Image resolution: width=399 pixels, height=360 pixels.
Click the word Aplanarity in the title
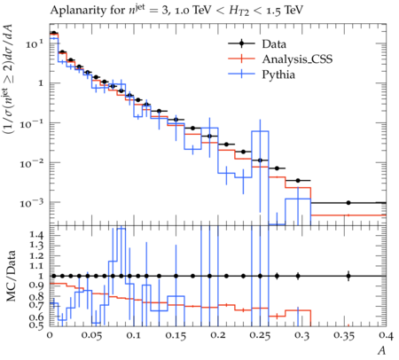pyautogui.click(x=75, y=11)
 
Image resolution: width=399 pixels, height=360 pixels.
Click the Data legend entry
pyautogui.click(x=274, y=44)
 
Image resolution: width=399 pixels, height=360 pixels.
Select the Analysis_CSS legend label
pyautogui.click(x=297, y=59)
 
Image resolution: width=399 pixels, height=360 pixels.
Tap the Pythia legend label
pyautogui.click(x=278, y=74)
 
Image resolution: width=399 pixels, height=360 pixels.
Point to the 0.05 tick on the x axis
pyautogui.click(x=91, y=335)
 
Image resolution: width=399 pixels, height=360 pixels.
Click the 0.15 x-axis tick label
pyautogui.click(x=176, y=335)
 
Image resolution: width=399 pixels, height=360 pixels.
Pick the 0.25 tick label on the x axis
pyautogui.click(x=260, y=335)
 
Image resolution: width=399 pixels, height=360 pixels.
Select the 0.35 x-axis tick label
pyautogui.click(x=344, y=335)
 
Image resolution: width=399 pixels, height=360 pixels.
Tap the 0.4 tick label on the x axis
pyautogui.click(x=386, y=335)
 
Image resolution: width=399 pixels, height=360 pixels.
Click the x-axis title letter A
pyautogui.click(x=382, y=350)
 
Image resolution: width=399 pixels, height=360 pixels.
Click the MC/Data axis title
pyautogui.click(x=11, y=276)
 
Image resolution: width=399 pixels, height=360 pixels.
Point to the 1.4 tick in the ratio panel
pyautogui.click(x=36, y=236)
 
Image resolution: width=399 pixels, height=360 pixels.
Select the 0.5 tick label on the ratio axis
pyautogui.click(x=36, y=325)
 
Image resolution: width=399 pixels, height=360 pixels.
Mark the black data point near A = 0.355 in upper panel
pyautogui.click(x=348, y=203)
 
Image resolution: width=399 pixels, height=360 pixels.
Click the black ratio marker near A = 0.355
pyautogui.click(x=348, y=276)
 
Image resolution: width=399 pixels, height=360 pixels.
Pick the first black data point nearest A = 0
pyautogui.click(x=53, y=33)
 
